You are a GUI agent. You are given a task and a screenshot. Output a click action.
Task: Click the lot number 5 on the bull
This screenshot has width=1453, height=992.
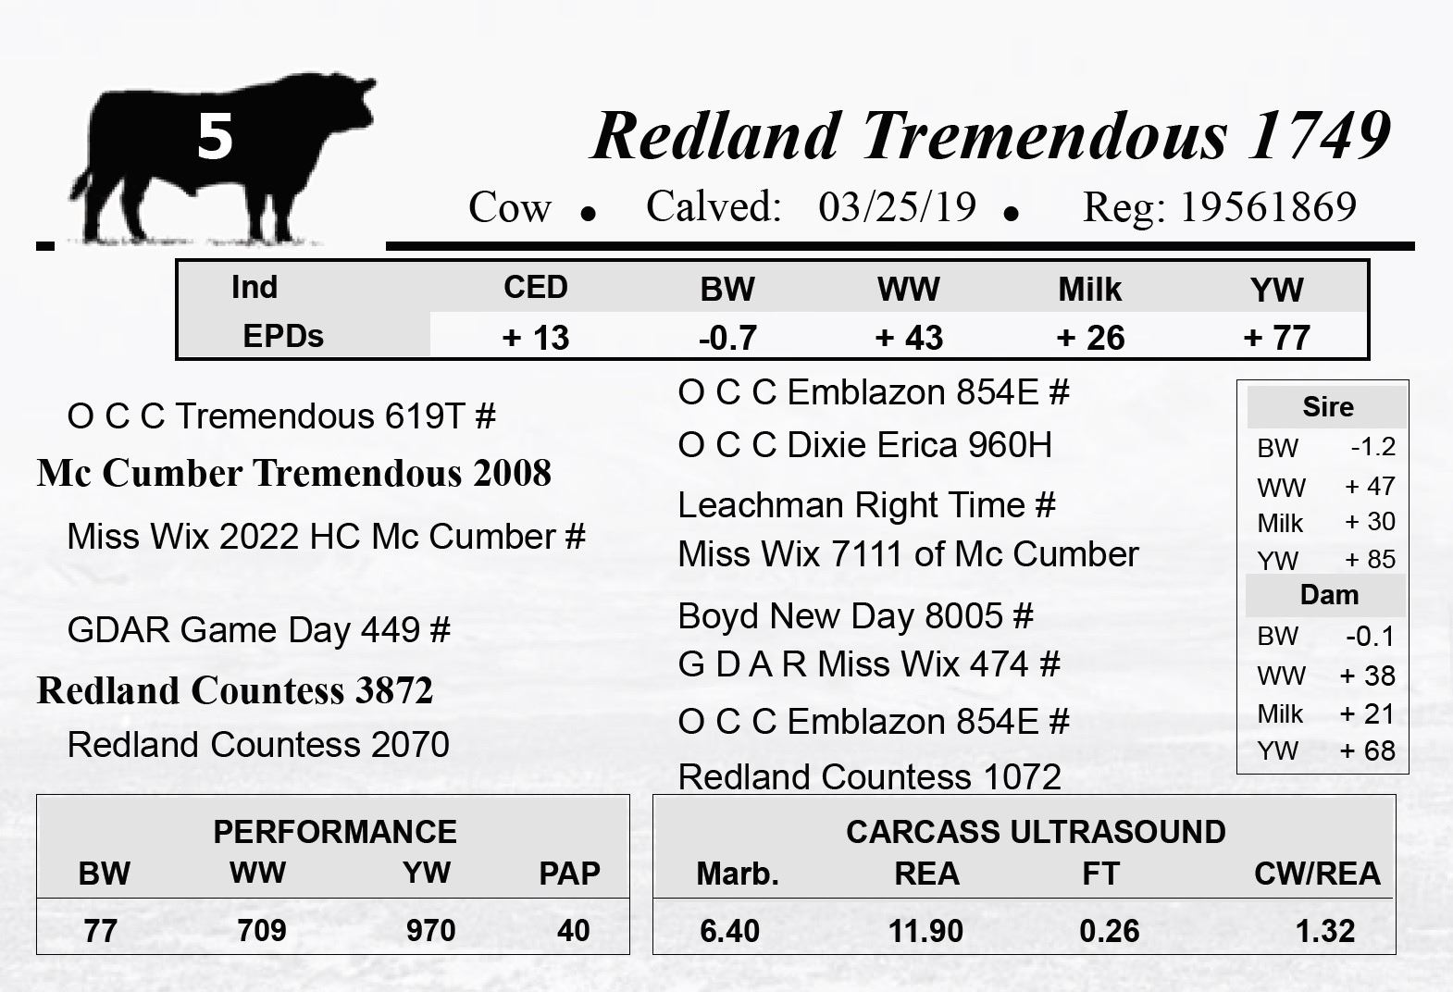pos(215,137)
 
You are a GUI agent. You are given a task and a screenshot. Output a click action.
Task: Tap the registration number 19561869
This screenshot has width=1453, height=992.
pos(1268,207)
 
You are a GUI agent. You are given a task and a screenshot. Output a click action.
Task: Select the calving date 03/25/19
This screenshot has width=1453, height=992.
pos(897,207)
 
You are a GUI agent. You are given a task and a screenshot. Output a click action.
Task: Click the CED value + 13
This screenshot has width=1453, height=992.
pos(536,338)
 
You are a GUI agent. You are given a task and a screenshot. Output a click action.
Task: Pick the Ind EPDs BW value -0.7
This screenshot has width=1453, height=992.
pos(727,338)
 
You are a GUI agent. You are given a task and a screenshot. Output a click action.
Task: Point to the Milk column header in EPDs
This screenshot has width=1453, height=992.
pos(1090,290)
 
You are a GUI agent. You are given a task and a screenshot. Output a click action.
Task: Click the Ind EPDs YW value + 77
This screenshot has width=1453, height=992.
pos(1276,338)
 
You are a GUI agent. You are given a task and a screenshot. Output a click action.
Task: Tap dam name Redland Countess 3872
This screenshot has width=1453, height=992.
pos(235,689)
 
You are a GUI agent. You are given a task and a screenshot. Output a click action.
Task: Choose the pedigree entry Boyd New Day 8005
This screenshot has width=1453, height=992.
pos(840,615)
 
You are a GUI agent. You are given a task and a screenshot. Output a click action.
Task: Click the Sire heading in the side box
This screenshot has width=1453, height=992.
pos(1328,407)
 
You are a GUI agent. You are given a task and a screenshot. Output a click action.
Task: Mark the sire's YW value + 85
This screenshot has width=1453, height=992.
pos(1370,559)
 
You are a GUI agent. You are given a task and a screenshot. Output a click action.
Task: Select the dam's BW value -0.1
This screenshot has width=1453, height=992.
pos(1370,637)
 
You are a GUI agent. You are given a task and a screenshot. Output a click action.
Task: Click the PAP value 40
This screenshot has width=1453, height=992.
pos(574,931)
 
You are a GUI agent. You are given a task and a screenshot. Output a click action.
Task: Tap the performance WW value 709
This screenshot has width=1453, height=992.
pos(261,931)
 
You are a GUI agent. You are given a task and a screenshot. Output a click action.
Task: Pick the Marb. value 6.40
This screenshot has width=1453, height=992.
pos(729,931)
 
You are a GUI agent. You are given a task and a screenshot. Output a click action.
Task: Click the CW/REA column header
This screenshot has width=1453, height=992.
pos(1317,874)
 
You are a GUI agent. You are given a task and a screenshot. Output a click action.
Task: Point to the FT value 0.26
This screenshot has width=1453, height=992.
pos(1110,931)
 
